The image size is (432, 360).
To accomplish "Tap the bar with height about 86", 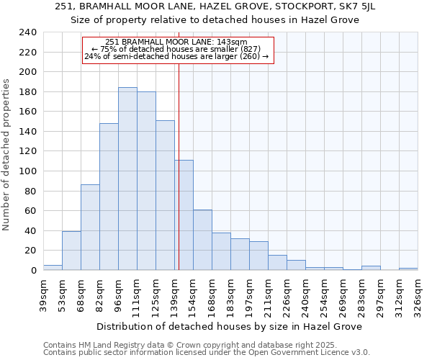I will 90,227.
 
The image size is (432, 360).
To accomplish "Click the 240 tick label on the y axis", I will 27,32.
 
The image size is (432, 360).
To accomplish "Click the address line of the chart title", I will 215,6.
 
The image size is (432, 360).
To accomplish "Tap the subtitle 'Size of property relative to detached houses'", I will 215,20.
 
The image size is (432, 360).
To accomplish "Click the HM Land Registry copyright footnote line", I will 194,345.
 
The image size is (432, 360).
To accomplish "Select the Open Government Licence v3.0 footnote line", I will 207,352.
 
